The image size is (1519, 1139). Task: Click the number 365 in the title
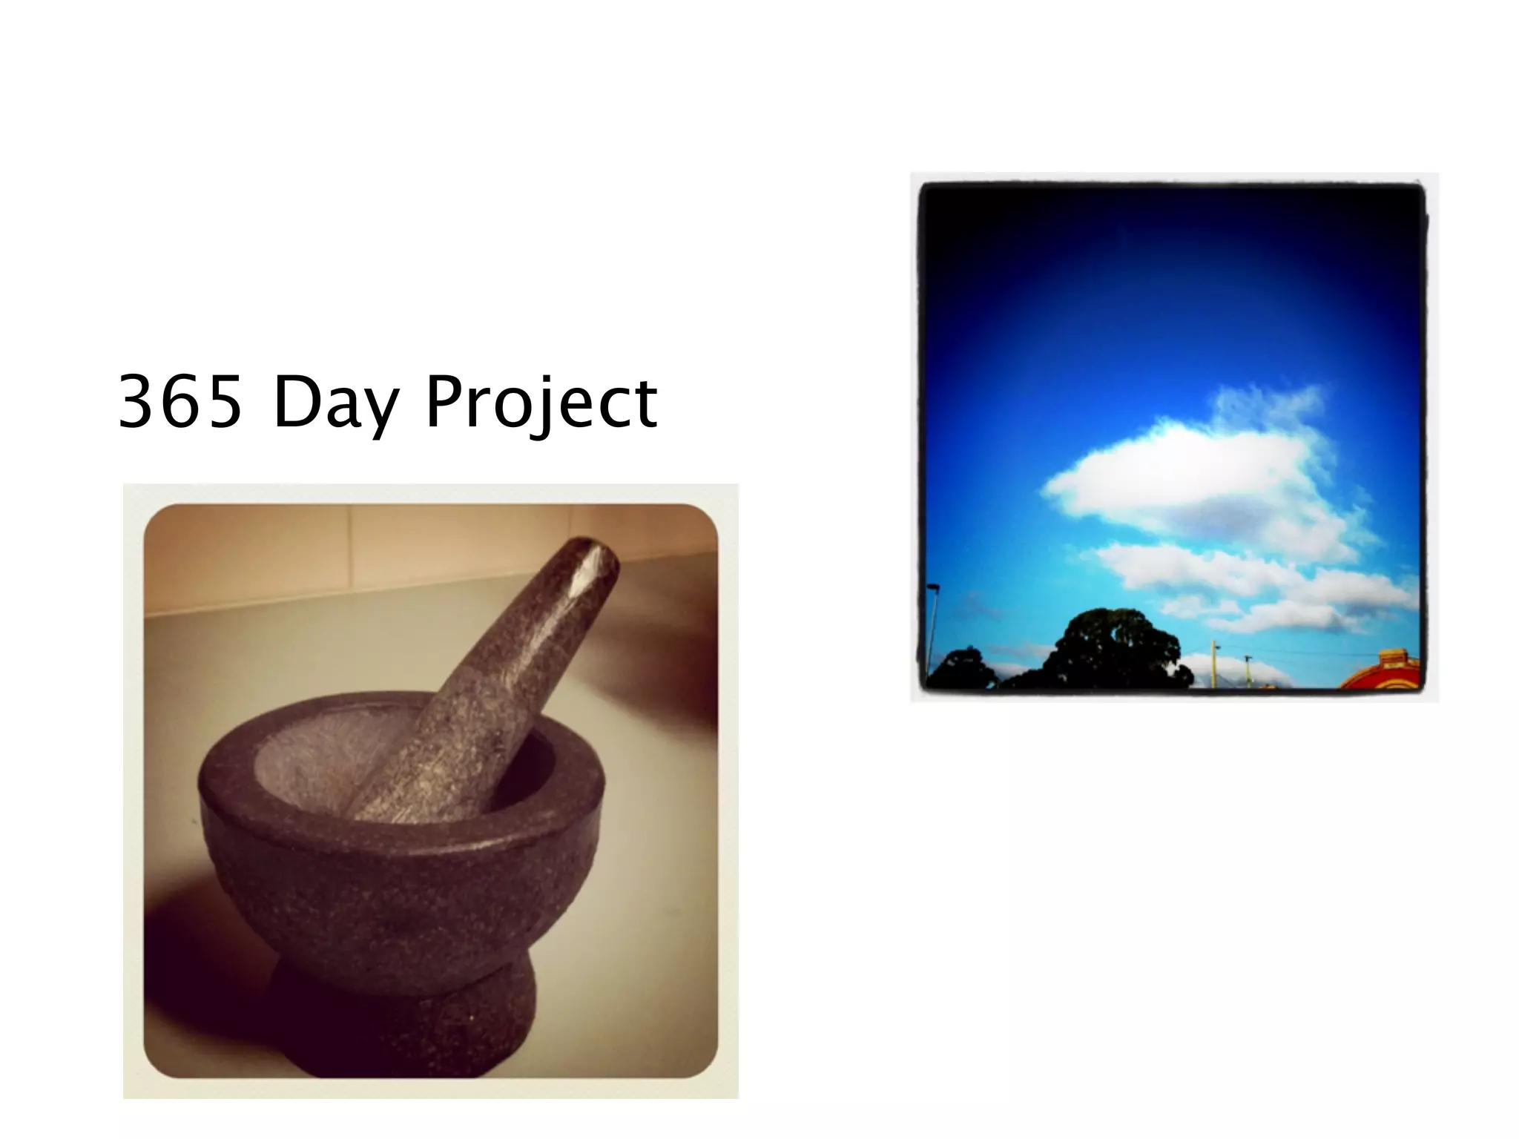pyautogui.click(x=180, y=402)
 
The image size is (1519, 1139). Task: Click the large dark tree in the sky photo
pyautogui.click(x=1113, y=649)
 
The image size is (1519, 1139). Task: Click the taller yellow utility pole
pyautogui.click(x=1215, y=664)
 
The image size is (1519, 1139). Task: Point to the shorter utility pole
pyautogui.click(x=1248, y=671)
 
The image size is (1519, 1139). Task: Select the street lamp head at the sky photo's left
pyautogui.click(x=934, y=587)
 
